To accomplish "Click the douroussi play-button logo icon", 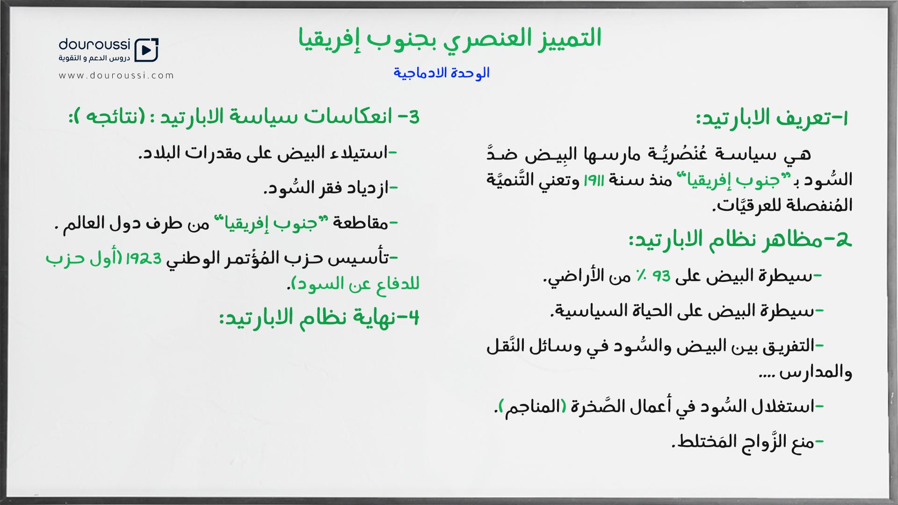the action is [x=146, y=50].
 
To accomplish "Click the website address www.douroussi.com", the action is [x=116, y=75].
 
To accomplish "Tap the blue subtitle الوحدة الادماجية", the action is [x=442, y=73].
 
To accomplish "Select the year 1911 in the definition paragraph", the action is [x=594, y=180].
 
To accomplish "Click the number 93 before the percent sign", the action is [x=661, y=276].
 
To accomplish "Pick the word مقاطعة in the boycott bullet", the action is [x=360, y=223].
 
